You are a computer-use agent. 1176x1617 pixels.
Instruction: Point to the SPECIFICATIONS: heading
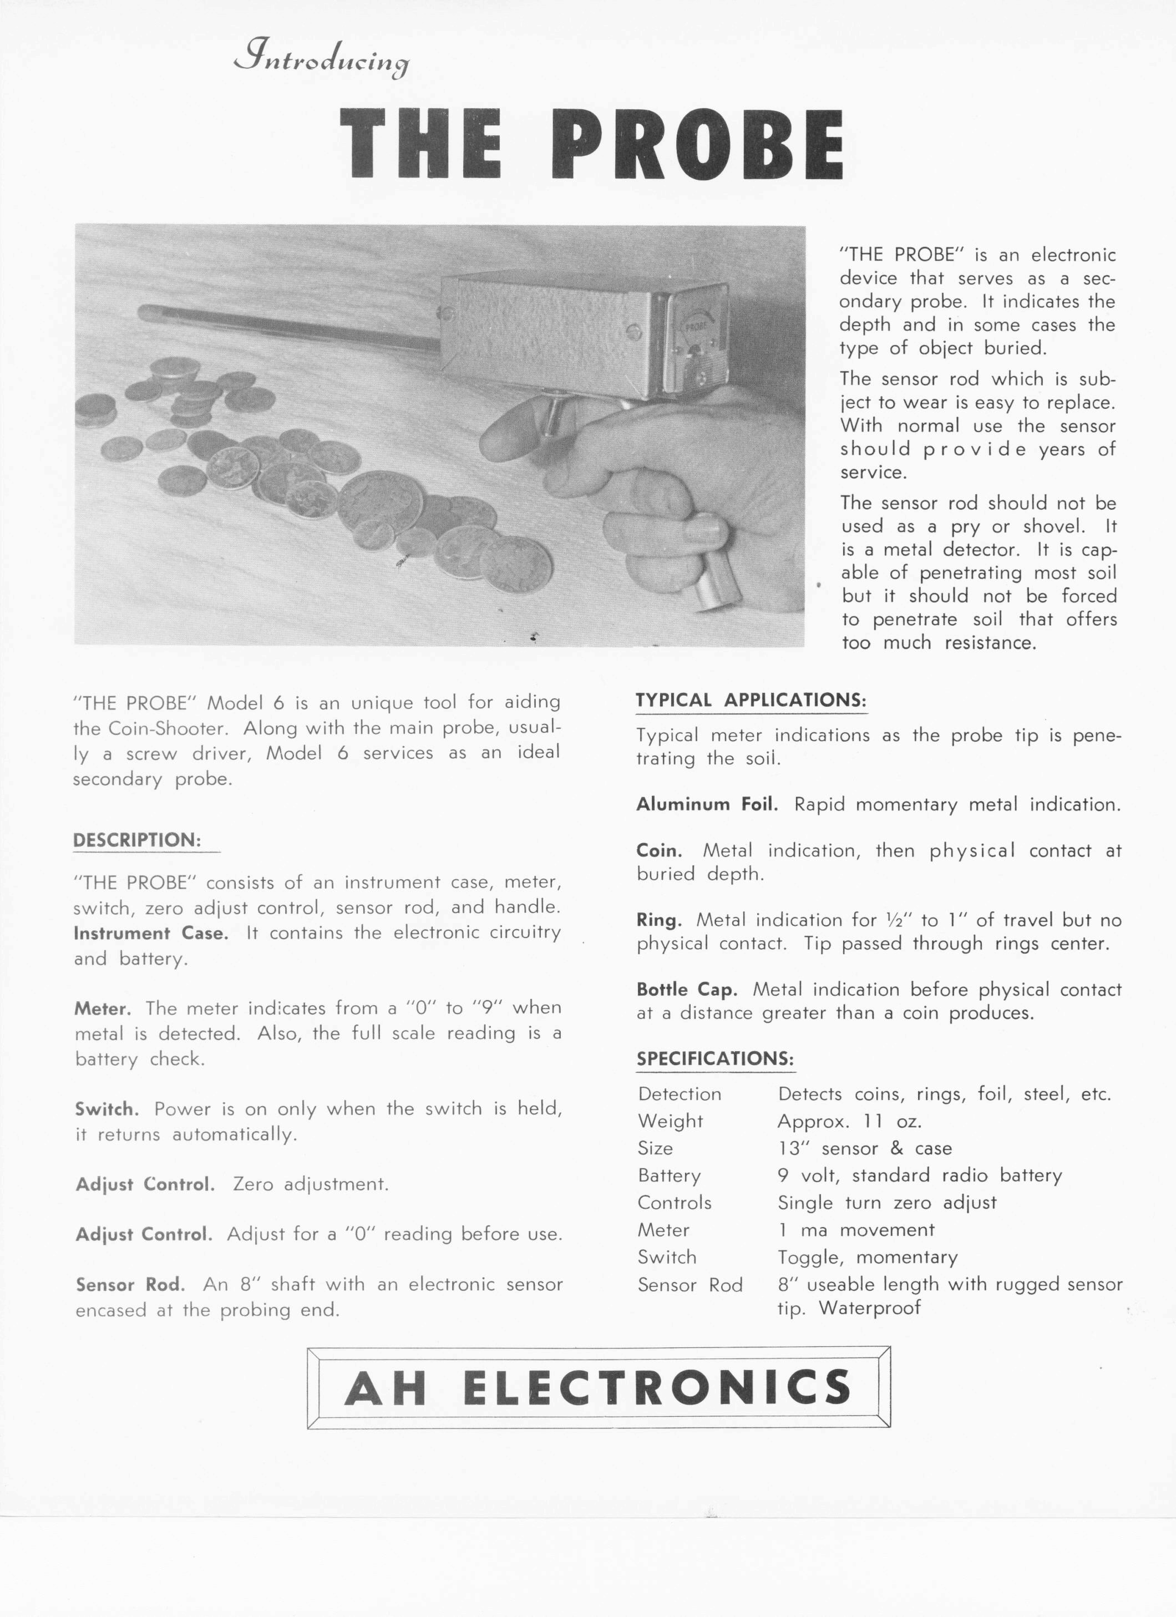point(715,1059)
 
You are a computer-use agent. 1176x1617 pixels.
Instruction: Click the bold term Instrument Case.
point(150,933)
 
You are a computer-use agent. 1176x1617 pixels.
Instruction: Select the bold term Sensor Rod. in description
point(130,1284)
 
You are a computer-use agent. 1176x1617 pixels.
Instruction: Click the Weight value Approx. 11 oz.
point(849,1122)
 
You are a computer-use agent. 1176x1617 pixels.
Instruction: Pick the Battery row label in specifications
point(669,1175)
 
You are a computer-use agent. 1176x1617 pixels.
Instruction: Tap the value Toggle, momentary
point(867,1257)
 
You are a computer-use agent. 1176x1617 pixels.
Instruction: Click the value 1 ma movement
point(856,1230)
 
